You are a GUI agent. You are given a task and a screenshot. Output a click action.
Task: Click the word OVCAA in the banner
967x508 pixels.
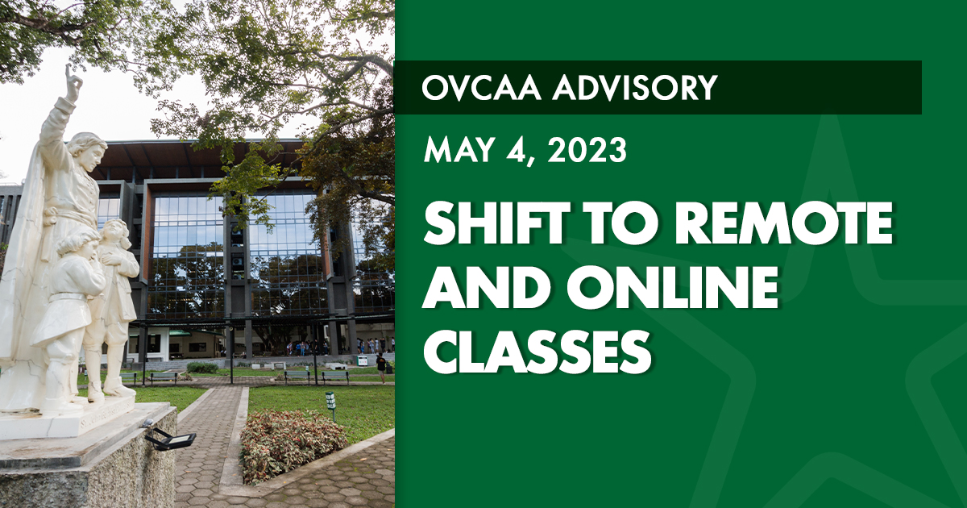click(x=481, y=88)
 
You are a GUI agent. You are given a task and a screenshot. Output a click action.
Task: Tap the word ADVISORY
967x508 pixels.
click(x=635, y=88)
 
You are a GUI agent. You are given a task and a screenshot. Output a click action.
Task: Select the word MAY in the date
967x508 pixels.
click(x=459, y=149)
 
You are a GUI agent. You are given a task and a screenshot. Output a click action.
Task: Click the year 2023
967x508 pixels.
click(x=587, y=149)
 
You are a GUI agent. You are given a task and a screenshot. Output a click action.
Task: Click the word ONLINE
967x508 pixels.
click(x=672, y=287)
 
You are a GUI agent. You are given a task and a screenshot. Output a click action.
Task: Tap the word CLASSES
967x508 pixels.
click(x=537, y=352)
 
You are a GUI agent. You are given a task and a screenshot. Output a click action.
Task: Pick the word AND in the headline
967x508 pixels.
click(x=487, y=287)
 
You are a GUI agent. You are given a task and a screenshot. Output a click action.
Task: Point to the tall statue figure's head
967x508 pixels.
click(x=89, y=149)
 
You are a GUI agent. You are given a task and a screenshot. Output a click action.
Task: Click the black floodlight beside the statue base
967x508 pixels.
click(x=170, y=439)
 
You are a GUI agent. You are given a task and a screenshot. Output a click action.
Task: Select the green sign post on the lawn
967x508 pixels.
click(x=330, y=404)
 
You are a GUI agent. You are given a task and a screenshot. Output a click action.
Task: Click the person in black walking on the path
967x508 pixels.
click(x=380, y=368)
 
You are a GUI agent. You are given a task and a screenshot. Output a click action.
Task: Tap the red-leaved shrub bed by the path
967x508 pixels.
click(x=293, y=444)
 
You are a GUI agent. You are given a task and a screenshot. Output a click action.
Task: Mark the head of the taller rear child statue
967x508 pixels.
click(x=114, y=233)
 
